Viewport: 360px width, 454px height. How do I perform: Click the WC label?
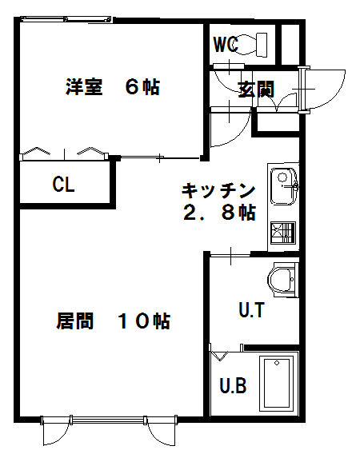pyautogui.click(x=226, y=44)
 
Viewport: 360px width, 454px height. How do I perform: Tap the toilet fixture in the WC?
pyautogui.click(x=252, y=45)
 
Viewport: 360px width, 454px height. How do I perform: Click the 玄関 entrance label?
pyautogui.click(x=256, y=90)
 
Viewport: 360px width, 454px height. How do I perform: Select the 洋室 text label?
pyautogui.click(x=84, y=86)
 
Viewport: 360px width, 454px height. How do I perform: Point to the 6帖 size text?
pyautogui.click(x=142, y=87)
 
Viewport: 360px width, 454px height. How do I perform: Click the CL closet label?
pyautogui.click(x=63, y=184)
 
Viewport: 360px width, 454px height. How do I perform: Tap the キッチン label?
pyautogui.click(x=218, y=190)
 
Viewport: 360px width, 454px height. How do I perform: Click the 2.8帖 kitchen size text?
pyautogui.click(x=219, y=213)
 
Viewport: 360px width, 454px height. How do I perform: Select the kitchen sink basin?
pyautogui.click(x=284, y=186)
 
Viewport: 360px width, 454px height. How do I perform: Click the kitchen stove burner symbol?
pyautogui.click(x=283, y=233)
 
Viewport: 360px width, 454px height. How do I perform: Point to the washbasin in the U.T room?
pyautogui.click(x=282, y=280)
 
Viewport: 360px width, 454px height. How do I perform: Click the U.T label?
pyautogui.click(x=251, y=310)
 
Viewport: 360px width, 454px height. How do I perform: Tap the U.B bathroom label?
pyautogui.click(x=233, y=385)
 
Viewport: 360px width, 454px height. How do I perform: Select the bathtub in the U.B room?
pyautogui.click(x=277, y=384)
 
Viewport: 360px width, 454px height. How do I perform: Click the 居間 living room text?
pyautogui.click(x=74, y=321)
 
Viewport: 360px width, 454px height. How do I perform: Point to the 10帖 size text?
pyautogui.click(x=144, y=321)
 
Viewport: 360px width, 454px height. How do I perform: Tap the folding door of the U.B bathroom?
pyautogui.click(x=219, y=355)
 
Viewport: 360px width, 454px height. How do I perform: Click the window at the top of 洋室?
pyautogui.click(x=66, y=19)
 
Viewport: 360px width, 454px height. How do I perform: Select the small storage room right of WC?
pyautogui.click(x=290, y=45)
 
